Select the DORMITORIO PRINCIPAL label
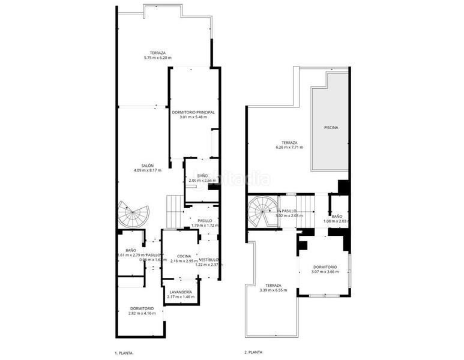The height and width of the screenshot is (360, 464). (193, 112)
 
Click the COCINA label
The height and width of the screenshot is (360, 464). (180, 256)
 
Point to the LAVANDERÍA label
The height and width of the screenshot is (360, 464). (181, 292)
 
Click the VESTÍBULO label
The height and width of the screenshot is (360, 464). (208, 259)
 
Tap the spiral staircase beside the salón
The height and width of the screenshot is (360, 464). (134, 215)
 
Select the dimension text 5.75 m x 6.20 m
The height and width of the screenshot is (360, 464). (158, 58)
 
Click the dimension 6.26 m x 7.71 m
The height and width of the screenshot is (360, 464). (289, 147)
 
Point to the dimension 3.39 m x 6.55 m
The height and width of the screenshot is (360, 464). (273, 290)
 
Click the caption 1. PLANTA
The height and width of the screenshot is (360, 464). (123, 353)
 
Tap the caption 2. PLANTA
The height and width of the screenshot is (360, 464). (253, 353)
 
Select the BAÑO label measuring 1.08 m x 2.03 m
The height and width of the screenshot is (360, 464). (337, 216)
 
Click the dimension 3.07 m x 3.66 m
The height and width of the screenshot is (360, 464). (325, 272)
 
